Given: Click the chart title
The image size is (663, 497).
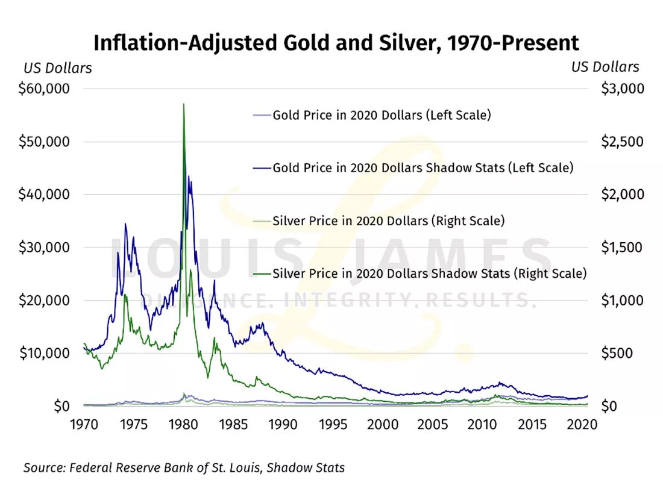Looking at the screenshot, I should (336, 43).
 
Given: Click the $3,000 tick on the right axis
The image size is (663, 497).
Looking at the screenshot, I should (623, 89).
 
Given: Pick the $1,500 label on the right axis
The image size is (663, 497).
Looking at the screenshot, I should (623, 248).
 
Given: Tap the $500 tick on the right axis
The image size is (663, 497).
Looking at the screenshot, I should (618, 353).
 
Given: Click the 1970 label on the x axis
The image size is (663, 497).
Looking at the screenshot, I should (84, 425).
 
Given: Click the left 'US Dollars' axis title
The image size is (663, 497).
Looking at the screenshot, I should (58, 68).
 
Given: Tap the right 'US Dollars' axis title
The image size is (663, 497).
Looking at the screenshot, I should (605, 67).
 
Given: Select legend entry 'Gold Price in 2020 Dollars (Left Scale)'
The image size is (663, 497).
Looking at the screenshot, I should (382, 114).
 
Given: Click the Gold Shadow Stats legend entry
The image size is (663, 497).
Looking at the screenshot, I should (423, 167).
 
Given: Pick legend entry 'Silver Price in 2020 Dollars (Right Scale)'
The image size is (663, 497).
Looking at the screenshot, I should (388, 221).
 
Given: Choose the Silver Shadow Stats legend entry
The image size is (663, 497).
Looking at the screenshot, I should (429, 274).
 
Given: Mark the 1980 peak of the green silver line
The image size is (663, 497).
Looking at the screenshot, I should (183, 105).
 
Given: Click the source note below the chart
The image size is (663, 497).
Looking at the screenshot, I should (184, 467).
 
